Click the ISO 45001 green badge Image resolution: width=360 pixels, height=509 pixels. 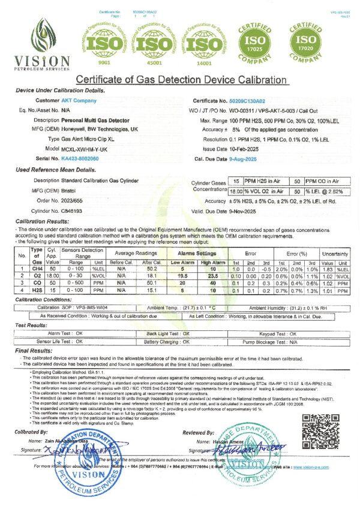[x=154, y=42]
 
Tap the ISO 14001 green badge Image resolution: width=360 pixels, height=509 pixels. [x=203, y=42]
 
